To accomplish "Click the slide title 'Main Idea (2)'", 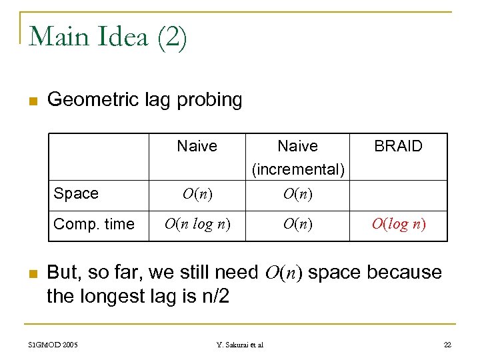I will pos(109,36).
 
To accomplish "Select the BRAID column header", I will pos(398,146).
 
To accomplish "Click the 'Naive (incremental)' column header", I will pos(298,157).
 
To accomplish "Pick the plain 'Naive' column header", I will pos(197,146).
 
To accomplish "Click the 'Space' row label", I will pos(76,193).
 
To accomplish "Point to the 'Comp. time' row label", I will pos(94,224).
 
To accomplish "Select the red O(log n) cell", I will pos(399,223).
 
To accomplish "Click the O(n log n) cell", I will pos(197,223).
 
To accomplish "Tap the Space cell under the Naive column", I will pos(197,194).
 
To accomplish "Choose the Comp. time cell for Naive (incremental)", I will pos(298,223).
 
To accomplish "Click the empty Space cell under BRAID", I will pos(399,194).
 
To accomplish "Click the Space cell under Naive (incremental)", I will pos(298,194).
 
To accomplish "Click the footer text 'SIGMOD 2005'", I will pos(53,344).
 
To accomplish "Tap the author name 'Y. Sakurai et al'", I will pos(240,344).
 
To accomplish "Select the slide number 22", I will pos(447,344).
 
